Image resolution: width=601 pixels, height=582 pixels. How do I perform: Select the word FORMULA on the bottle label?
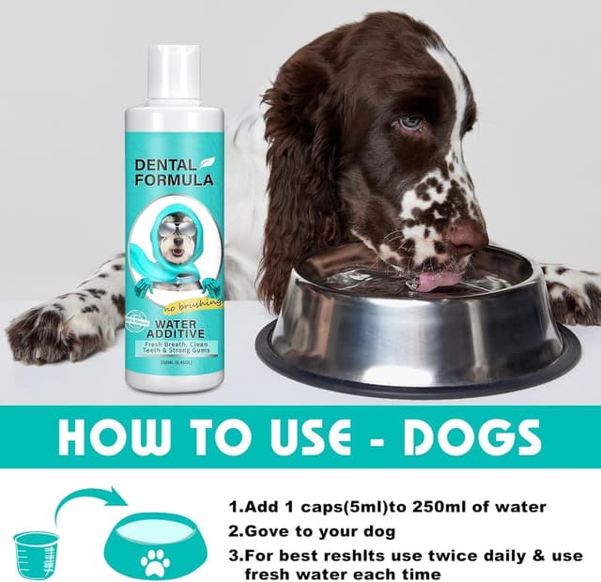174,179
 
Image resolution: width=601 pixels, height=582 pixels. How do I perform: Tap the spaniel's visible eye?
410,123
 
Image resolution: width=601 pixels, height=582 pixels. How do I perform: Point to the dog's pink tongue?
438,279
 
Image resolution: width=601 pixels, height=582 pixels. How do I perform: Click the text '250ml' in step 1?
423,507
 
